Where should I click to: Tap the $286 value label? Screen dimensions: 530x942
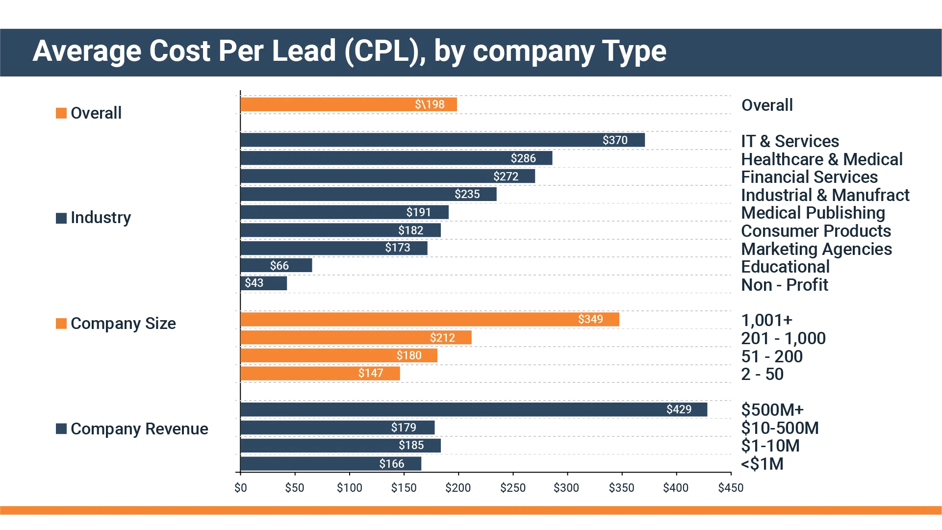523,158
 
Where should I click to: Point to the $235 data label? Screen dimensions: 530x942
467,194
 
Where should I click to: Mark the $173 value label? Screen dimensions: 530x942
397,248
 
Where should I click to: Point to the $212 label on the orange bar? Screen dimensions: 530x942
442,338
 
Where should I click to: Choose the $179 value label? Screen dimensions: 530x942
403,428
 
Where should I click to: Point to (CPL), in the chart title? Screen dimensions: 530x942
385,51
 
